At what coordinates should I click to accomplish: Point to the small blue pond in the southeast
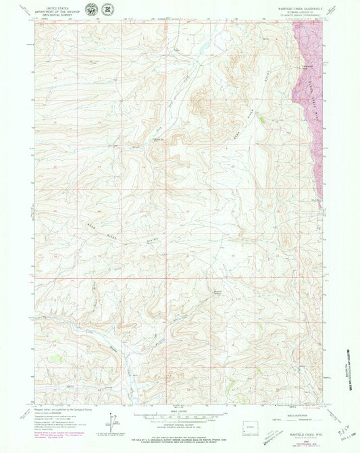point(298,369)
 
